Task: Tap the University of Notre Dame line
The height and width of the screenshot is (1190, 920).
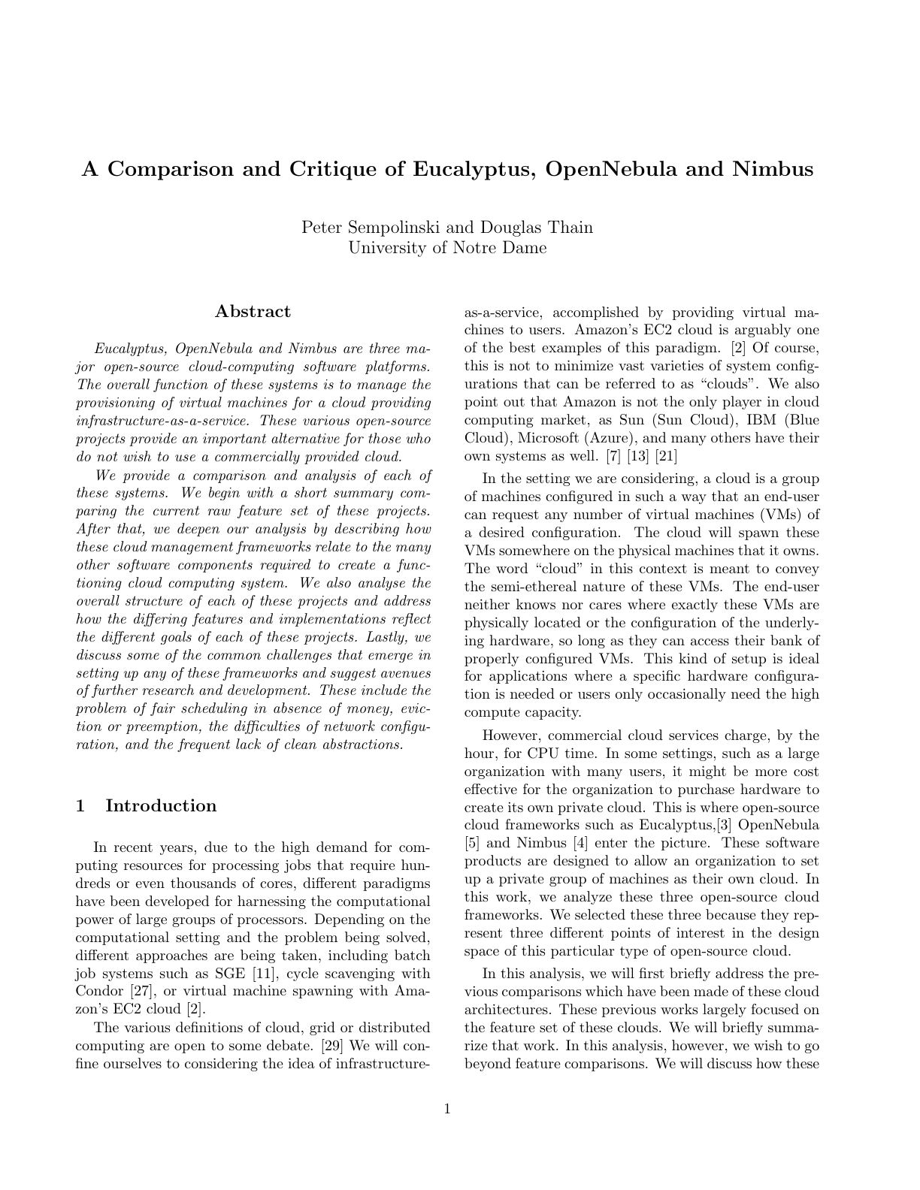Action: click(447, 247)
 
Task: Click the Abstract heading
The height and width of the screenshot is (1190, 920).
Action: click(253, 312)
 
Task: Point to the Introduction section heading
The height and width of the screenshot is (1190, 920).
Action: click(161, 806)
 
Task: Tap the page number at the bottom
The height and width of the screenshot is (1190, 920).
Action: click(448, 1109)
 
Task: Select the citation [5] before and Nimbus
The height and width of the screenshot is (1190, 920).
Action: click(473, 844)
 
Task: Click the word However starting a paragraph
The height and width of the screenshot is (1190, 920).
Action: click(512, 736)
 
